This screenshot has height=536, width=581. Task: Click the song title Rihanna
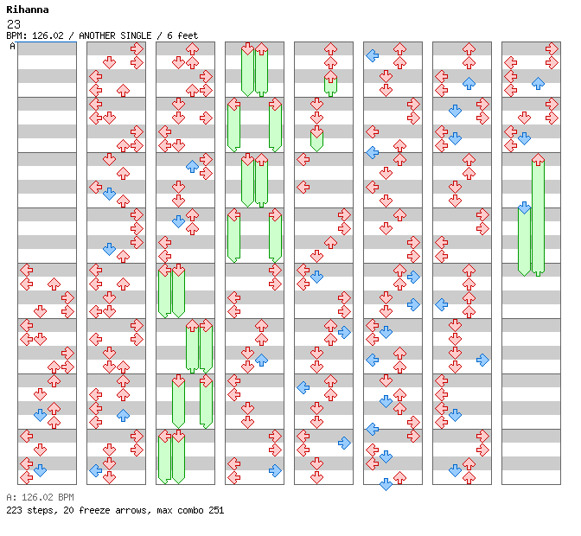coord(28,10)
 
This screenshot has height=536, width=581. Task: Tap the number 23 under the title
coord(12,23)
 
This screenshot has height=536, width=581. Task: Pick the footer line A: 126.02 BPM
coord(40,497)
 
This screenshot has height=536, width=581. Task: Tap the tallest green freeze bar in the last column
coord(538,216)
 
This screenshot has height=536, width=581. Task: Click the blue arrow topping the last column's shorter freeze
coord(524,207)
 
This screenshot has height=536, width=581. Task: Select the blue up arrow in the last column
coord(538,83)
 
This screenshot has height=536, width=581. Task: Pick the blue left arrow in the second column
coord(95,470)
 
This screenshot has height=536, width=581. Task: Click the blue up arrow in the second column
coord(123,415)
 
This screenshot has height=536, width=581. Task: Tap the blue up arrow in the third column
coord(192,166)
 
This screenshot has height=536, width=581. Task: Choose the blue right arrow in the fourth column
coord(275,470)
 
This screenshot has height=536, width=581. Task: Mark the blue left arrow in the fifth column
coord(303,387)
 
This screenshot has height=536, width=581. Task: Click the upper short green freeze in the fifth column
coord(330,85)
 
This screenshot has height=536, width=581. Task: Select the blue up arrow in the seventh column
coord(469,83)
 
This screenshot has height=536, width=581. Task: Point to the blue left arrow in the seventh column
coord(441,304)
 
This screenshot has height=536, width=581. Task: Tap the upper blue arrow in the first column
coord(40,415)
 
